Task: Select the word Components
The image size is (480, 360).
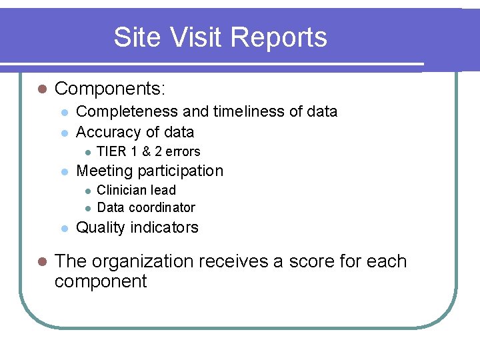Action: coord(109,89)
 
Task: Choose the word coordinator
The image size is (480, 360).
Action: coord(162,207)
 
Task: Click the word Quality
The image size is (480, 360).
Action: coord(100,227)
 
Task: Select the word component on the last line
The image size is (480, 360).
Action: coord(100,281)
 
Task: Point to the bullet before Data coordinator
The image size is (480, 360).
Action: coord(87,208)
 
